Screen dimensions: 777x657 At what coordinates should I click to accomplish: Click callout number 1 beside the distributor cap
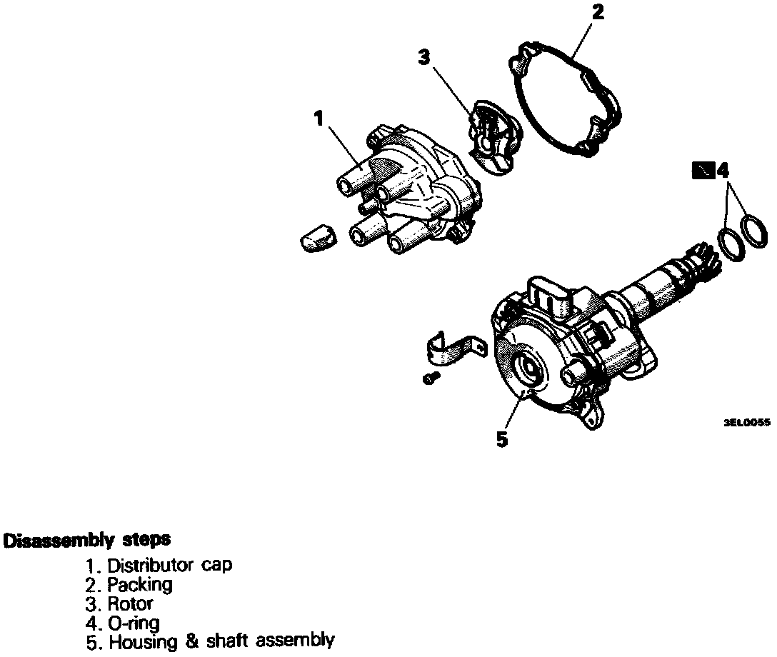319,119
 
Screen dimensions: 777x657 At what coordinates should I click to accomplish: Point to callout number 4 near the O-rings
723,171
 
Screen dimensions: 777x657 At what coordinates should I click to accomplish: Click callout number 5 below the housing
502,439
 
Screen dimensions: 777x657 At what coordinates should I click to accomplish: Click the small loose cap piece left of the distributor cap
316,236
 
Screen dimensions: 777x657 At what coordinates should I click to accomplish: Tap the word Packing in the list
140,584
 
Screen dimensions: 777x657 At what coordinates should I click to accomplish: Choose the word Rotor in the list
130,603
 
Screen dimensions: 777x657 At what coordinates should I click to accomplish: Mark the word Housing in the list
139,641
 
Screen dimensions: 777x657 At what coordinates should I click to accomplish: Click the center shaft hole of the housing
531,368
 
